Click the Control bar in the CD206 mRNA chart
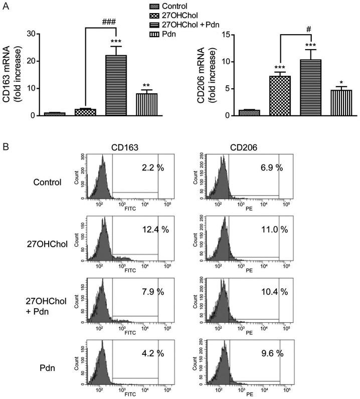[249, 113]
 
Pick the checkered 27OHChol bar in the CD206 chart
[280, 96]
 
